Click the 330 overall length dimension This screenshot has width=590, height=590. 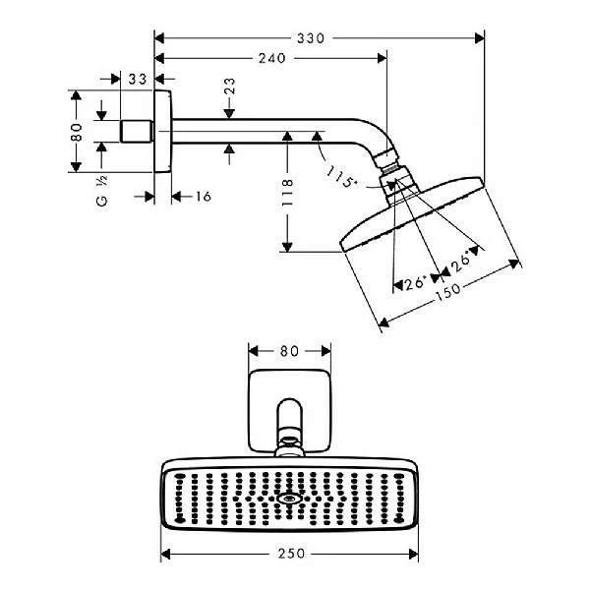[x=312, y=38]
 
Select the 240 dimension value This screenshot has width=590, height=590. [x=267, y=58]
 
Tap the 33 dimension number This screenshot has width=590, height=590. [x=137, y=78]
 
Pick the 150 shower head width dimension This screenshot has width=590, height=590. [x=448, y=290]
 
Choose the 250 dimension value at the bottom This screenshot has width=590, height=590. [x=290, y=555]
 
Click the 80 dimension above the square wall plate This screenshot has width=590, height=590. [x=288, y=350]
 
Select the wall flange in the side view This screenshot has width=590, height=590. [x=164, y=132]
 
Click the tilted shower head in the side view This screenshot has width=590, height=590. [x=413, y=211]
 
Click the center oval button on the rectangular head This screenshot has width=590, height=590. [x=289, y=498]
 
